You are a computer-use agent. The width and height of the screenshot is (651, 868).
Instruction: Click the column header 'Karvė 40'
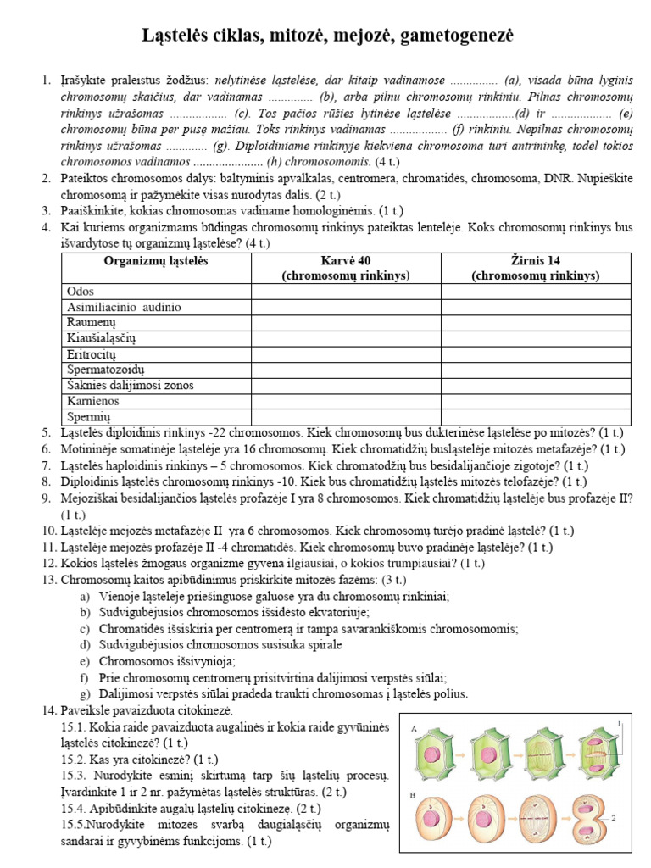coord(345,260)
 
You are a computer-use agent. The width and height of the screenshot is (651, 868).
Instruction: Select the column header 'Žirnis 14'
coord(536,260)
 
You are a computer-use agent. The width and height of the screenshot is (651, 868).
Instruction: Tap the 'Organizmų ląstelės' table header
coord(155,260)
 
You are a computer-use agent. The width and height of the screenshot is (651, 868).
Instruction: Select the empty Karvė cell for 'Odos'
coord(345,291)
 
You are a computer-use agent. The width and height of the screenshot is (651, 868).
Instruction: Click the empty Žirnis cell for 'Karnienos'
coord(536,401)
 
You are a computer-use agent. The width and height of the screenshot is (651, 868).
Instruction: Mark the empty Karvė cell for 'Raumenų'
coord(345,322)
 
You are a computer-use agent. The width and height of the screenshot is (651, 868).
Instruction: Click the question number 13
coord(48,580)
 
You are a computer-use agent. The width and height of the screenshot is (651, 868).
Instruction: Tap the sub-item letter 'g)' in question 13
coord(84,693)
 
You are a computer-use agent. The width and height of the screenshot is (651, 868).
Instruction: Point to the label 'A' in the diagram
coord(413,728)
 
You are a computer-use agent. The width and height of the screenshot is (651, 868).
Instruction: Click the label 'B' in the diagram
coord(413,796)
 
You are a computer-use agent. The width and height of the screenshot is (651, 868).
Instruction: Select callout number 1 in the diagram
coord(620,722)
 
